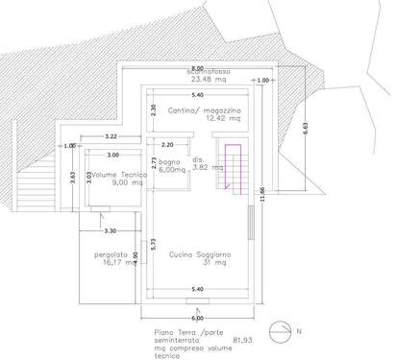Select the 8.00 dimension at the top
point(197,68)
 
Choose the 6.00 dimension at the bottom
point(197,317)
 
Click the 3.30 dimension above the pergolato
point(110,230)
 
